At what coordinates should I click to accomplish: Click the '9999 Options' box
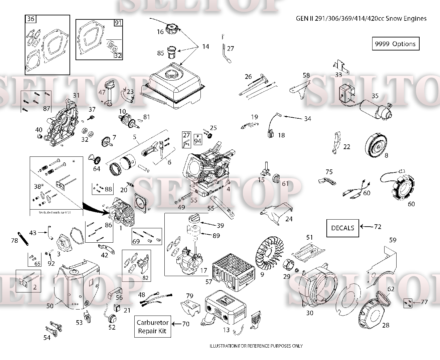tap(395, 44)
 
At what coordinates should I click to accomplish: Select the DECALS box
tap(342, 228)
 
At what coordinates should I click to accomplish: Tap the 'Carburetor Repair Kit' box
tap(152, 327)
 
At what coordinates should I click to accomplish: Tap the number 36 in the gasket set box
tap(31, 19)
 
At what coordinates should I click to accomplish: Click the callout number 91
tap(118, 23)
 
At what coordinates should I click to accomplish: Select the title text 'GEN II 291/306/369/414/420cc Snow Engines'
tap(361, 18)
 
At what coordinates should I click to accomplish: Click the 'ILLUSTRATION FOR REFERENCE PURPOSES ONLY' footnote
tap(256, 346)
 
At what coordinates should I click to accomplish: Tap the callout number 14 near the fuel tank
tap(205, 46)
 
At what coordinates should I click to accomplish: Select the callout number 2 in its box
tap(35, 287)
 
